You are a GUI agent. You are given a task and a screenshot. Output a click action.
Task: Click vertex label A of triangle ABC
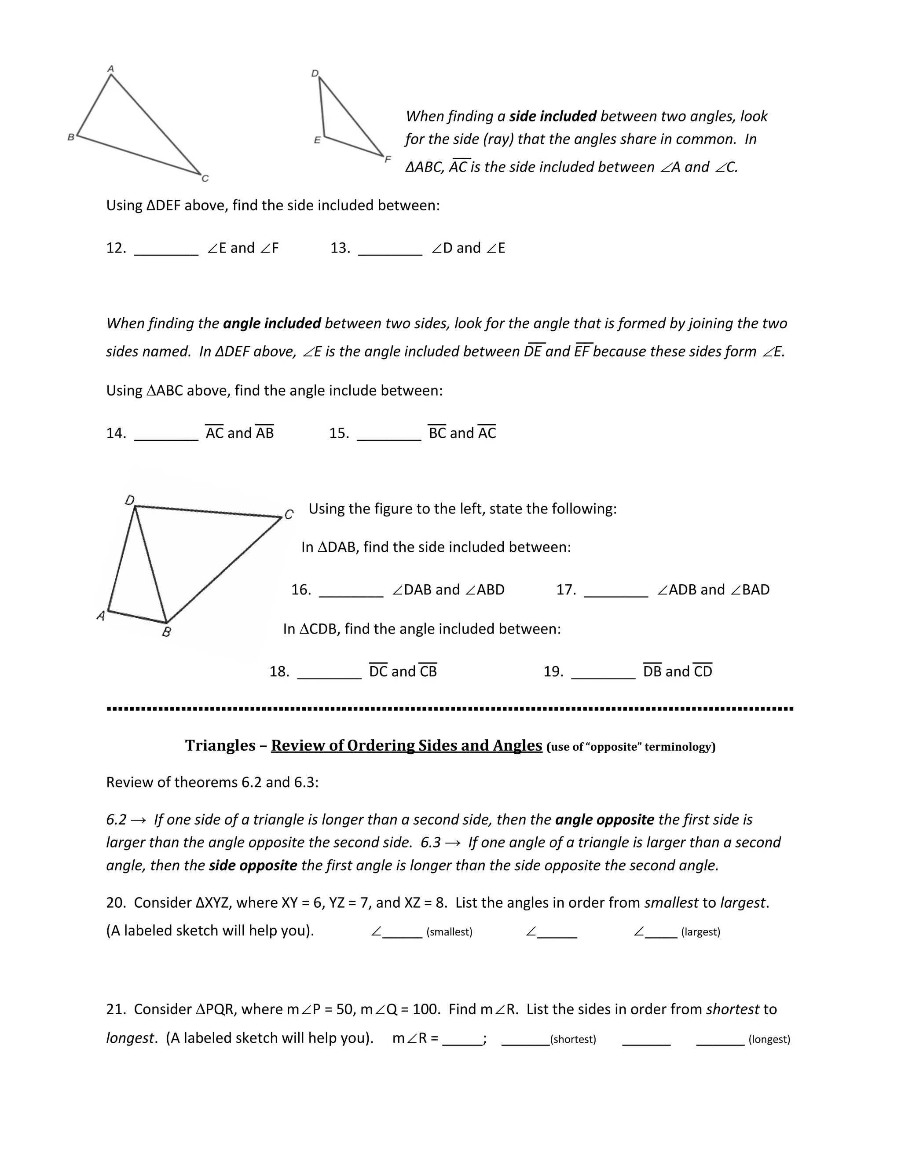click(111, 68)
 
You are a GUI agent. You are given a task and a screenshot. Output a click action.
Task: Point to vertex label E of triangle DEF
click(317, 140)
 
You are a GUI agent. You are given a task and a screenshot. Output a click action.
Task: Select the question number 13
click(340, 248)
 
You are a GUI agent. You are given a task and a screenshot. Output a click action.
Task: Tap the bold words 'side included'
click(553, 117)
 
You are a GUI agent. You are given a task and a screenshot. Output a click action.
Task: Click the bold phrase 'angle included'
click(272, 323)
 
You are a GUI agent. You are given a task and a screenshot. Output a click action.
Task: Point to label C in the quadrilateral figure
click(289, 514)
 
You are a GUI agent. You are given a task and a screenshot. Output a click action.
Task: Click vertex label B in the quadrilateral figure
click(167, 633)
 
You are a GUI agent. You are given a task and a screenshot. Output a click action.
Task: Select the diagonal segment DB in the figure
click(150, 565)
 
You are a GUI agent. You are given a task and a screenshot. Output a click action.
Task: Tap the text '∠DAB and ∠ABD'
click(448, 590)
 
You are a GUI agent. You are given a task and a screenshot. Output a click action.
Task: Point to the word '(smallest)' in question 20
click(450, 932)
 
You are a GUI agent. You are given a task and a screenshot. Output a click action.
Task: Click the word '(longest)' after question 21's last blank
click(769, 1039)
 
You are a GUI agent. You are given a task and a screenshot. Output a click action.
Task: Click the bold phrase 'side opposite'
click(253, 865)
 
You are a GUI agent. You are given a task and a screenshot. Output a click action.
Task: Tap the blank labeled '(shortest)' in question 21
click(525, 1041)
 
